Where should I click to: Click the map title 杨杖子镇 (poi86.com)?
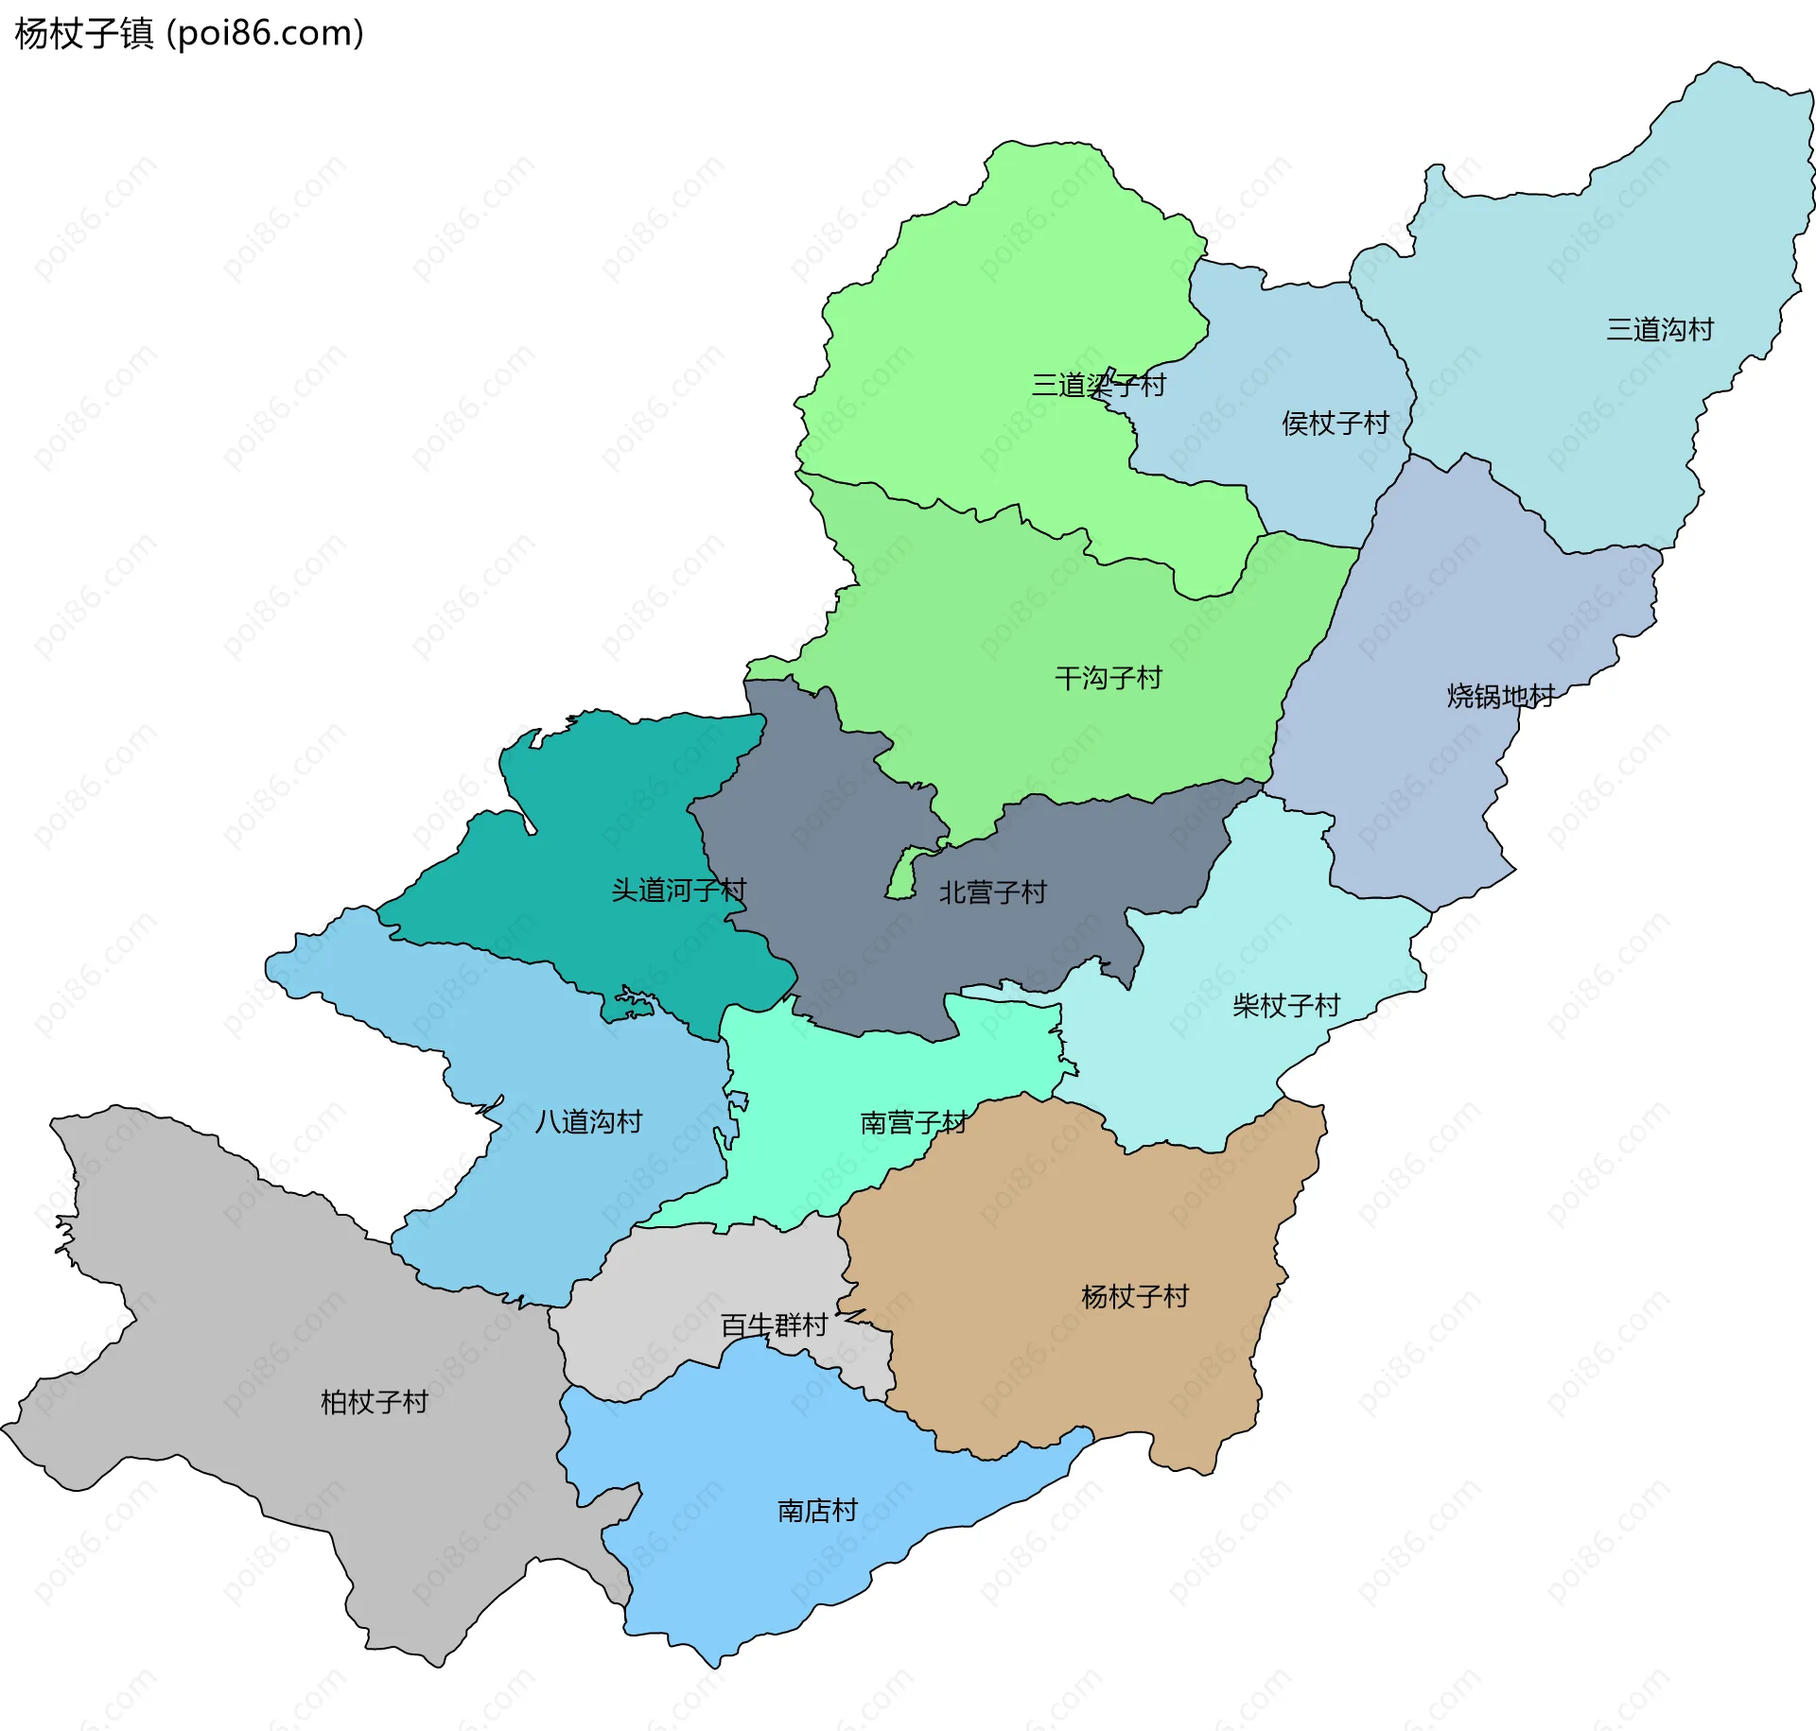coord(189,34)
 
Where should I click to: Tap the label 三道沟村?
coord(1660,330)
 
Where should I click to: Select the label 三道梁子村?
coord(1098,385)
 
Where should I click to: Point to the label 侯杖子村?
coord(1335,423)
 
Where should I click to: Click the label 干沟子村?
coord(1108,678)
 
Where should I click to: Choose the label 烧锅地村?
coord(1500,696)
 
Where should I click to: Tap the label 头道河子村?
coord(678,890)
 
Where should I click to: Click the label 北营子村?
coord(992,891)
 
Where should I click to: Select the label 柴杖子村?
coord(1286,1005)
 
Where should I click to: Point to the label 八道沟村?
coord(588,1121)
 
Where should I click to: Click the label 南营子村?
coord(913,1122)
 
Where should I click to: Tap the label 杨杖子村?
coord(1134,1296)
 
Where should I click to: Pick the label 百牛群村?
coord(774,1325)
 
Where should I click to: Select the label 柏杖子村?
coord(375,1402)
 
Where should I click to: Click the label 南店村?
coord(817,1511)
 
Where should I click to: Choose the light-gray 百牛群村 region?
coord(662,1286)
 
